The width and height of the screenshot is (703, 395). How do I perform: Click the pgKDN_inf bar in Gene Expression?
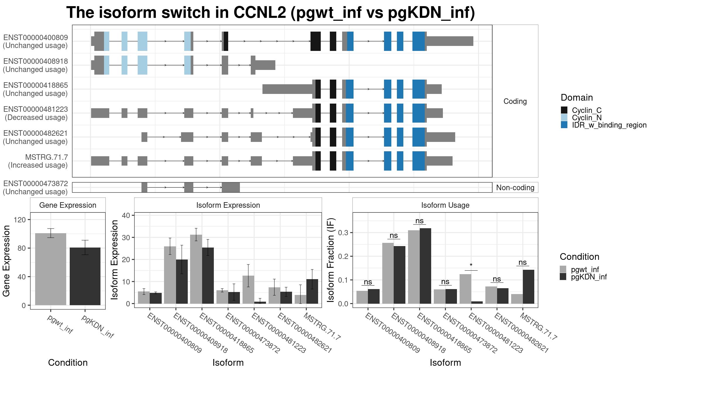click(x=85, y=276)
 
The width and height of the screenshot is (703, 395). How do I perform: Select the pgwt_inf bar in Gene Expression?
click(x=51, y=269)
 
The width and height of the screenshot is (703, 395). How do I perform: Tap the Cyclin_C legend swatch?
click(x=564, y=110)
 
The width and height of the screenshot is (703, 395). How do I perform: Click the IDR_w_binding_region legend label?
click(x=609, y=125)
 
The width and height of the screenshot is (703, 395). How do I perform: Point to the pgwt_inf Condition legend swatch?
click(x=563, y=269)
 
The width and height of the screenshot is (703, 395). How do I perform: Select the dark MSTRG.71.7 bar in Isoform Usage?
click(x=528, y=287)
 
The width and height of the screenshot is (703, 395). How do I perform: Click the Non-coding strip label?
click(x=515, y=188)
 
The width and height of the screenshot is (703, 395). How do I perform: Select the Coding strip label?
click(x=515, y=101)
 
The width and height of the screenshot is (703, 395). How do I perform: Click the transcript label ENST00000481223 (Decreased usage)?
click(x=35, y=113)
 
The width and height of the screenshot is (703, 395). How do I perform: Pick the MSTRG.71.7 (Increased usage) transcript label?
click(x=38, y=161)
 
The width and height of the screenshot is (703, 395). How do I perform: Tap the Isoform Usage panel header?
click(x=445, y=205)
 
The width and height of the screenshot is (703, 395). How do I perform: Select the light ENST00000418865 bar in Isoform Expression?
click(x=196, y=269)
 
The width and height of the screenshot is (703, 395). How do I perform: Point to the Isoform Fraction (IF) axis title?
click(x=331, y=260)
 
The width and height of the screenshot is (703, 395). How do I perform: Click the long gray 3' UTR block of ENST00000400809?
click(x=450, y=41)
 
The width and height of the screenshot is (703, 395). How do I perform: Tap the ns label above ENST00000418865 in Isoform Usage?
click(x=419, y=221)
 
